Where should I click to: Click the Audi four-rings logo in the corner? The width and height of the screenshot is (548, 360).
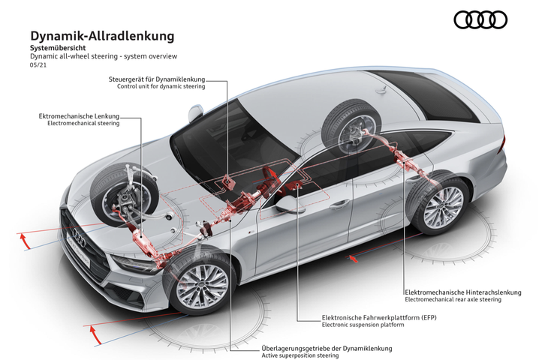(x=480, y=19)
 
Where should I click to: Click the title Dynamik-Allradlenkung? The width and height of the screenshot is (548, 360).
(x=102, y=36)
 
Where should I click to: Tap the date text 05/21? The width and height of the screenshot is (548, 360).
(x=38, y=65)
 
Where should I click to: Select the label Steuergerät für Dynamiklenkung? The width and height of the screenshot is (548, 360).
(x=157, y=79)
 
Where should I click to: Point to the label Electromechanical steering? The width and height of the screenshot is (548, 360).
(x=83, y=123)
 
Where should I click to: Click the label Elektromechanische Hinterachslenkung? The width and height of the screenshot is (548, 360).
(x=462, y=292)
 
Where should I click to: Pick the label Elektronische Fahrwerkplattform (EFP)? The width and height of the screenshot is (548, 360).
(x=379, y=318)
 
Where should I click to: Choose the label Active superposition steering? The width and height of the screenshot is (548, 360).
(x=300, y=355)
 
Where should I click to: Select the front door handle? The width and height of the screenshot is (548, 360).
(x=340, y=204)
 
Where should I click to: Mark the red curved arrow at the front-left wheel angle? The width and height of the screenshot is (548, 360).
(x=25, y=240)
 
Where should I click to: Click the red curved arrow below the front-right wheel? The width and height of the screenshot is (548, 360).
(x=95, y=334)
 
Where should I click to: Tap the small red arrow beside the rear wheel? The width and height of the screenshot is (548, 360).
(x=354, y=259)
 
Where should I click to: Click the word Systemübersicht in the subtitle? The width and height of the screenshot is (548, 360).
(x=58, y=48)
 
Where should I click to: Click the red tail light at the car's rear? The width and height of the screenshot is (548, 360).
(x=501, y=144)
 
